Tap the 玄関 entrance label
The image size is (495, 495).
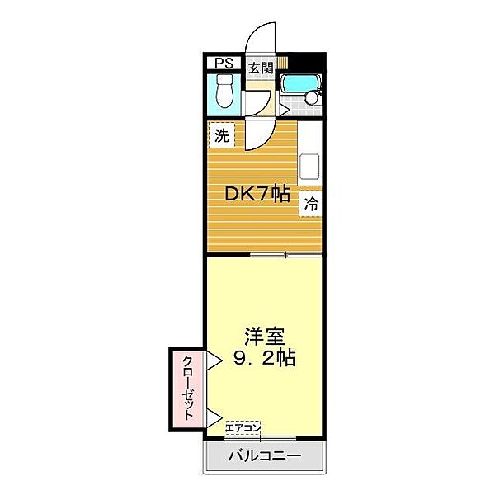tap(260, 67)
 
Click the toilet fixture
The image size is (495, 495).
tap(224, 93)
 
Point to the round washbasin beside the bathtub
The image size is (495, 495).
tap(313, 97)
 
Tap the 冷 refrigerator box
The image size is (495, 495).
tap(312, 202)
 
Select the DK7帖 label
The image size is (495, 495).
tap(257, 195)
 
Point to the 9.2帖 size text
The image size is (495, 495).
tap(264, 359)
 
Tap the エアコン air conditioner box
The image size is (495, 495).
tap(244, 427)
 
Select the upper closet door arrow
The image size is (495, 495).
tap(214, 360)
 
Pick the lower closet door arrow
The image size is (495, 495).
tap(214, 417)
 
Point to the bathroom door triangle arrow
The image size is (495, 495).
tap(282, 107)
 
